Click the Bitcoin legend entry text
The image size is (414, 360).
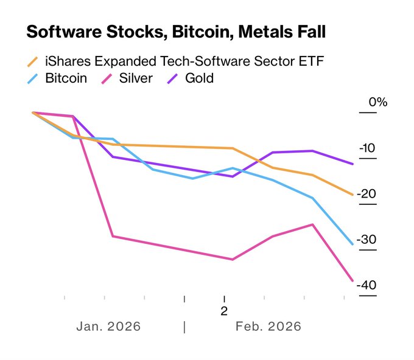(x=66, y=78)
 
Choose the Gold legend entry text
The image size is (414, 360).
(x=199, y=78)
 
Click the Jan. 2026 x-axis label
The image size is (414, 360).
(x=108, y=327)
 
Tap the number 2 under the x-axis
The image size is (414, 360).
(x=223, y=311)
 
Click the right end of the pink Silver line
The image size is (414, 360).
(x=353, y=280)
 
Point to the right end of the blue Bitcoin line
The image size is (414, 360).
(x=353, y=244)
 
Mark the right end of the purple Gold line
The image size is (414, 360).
(x=353, y=164)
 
